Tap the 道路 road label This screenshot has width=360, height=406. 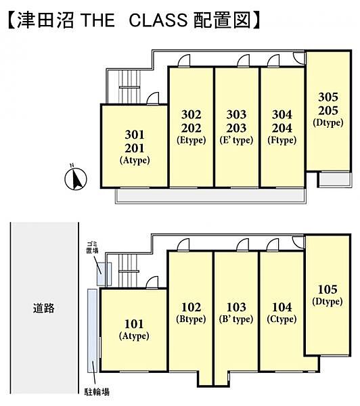[x=43, y=308]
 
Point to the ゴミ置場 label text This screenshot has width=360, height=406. [x=92, y=247]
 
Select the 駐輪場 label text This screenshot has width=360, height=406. [x=97, y=392]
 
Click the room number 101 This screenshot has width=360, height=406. [x=134, y=324]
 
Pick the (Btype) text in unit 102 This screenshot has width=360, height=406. [x=191, y=319]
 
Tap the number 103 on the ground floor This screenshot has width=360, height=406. [x=236, y=307]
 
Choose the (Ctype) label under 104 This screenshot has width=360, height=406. [x=282, y=319]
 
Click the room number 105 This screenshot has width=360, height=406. [x=328, y=289]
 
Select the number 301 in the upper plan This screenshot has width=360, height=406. [x=135, y=135]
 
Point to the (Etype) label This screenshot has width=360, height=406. [x=191, y=140]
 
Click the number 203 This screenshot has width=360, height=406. [x=236, y=128]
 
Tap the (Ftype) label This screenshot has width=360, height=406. [x=282, y=140]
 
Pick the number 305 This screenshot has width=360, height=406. [x=328, y=97]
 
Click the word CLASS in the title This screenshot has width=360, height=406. [x=158, y=20]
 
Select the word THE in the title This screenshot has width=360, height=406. [x=98, y=20]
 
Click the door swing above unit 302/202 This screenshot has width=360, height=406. [x=184, y=61]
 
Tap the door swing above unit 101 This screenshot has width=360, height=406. [x=152, y=282]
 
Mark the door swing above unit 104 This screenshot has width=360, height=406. [x=273, y=245]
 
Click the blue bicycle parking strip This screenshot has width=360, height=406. [x=92, y=331]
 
